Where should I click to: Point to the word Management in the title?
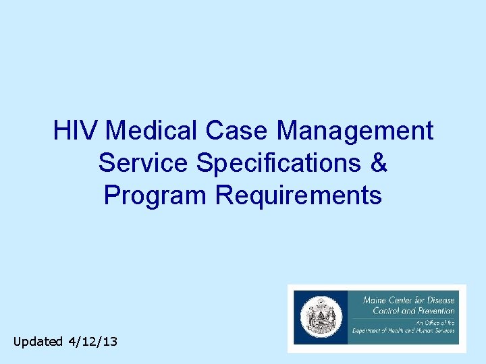pos(355,130)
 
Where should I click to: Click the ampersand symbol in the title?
pos(379,162)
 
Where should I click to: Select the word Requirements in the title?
pos(298,195)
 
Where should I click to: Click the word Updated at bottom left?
pos(38,342)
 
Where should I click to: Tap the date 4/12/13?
pos(92,342)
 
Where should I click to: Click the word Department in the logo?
pos(371,330)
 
